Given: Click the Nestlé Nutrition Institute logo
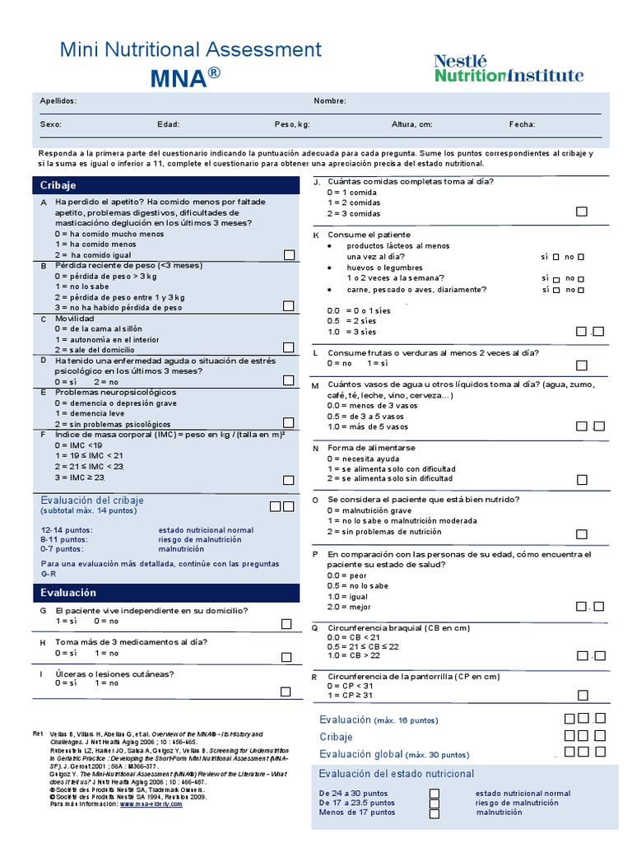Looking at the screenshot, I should [509, 68].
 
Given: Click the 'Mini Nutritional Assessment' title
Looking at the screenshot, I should [191, 49].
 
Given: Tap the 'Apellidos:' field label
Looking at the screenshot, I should [58, 100].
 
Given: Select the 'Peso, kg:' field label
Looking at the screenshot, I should [292, 124].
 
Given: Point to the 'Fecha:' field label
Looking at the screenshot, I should [522, 124].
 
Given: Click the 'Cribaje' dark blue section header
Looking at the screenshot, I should [165, 185].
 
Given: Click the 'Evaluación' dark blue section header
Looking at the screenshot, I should [165, 593].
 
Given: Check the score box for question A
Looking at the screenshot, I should [288, 255].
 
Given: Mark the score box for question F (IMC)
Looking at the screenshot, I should [288, 480].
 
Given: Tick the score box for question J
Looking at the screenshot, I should [582, 212].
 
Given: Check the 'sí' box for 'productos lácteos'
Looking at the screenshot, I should [556, 257].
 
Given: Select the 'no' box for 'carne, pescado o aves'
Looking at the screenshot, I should [582, 290].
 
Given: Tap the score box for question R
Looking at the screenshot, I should [582, 695].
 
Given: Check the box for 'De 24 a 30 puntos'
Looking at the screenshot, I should [434, 794].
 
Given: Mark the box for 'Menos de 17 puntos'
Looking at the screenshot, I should [434, 813].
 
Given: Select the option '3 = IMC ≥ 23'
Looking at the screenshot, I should [80, 477].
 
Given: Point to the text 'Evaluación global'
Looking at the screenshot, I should [360, 753].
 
